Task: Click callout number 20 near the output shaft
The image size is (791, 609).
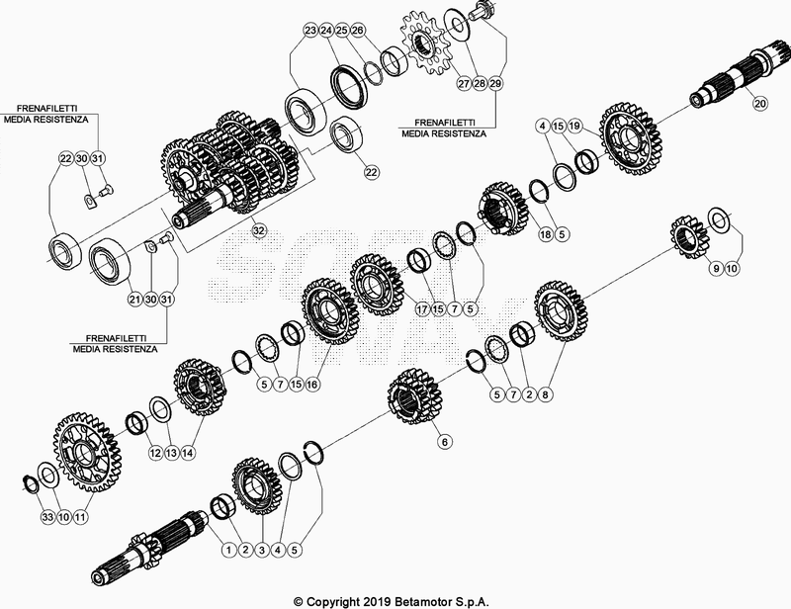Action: (759, 103)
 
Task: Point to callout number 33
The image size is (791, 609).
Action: (46, 516)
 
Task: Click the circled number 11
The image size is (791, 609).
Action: (80, 516)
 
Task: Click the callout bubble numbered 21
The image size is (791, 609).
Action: (134, 299)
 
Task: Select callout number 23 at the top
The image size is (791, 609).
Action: (310, 32)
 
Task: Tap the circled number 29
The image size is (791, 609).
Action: (494, 85)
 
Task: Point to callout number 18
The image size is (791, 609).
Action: (545, 235)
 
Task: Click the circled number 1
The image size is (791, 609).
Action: (227, 549)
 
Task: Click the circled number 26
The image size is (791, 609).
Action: (358, 32)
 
